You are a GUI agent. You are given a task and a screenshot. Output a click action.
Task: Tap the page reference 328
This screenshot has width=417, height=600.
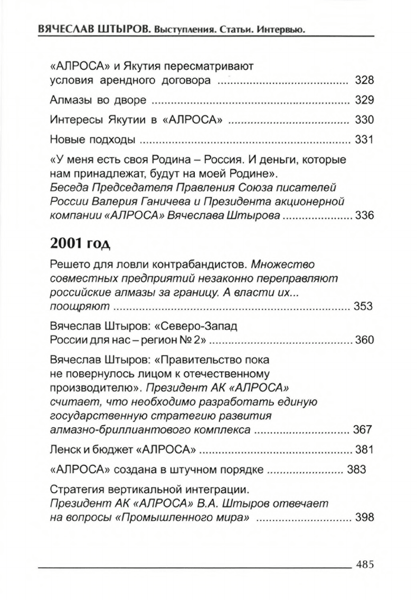point(364,81)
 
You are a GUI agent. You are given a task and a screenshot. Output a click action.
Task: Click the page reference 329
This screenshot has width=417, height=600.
point(364,100)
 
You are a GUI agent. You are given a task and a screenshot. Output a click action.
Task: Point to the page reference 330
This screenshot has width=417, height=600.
point(364,120)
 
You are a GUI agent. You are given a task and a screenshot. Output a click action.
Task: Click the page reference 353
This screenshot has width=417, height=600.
point(364,306)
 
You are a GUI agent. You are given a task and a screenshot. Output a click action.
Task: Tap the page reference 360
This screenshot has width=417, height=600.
point(364,339)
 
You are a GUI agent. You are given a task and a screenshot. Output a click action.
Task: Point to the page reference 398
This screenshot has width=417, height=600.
point(364,517)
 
